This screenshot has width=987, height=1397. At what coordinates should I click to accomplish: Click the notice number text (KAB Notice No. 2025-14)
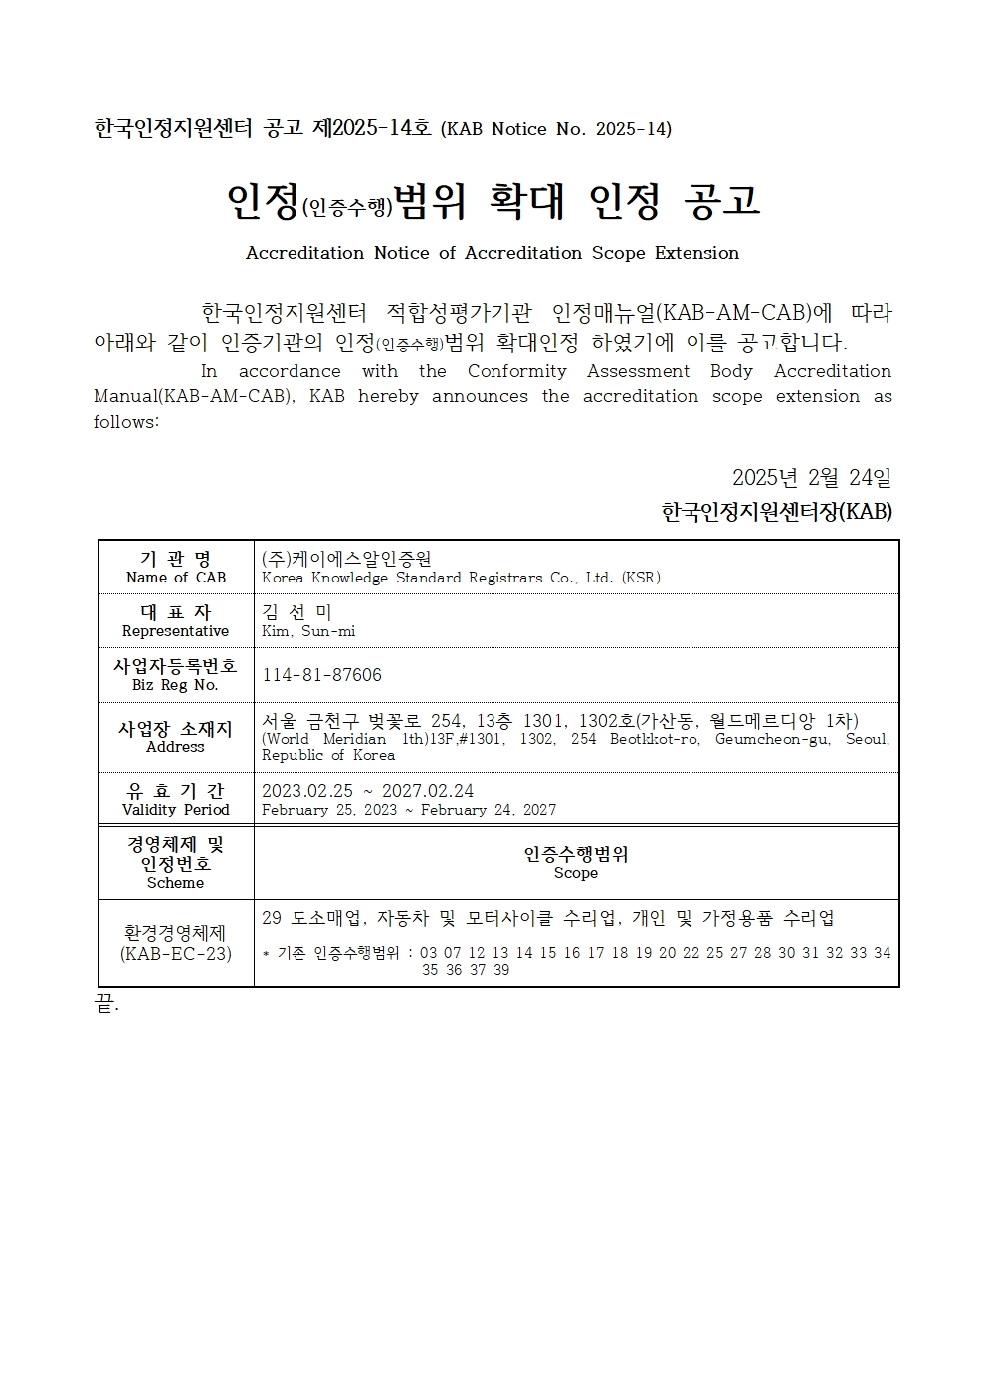(x=555, y=129)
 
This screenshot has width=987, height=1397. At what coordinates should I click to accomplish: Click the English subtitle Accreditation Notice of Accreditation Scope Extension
(x=492, y=253)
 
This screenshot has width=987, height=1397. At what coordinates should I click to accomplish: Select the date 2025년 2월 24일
(x=811, y=478)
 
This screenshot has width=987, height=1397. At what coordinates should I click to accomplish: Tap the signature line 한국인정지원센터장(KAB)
(x=776, y=512)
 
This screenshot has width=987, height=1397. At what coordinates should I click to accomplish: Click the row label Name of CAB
(x=176, y=578)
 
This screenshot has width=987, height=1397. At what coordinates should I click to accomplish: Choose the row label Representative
(x=175, y=631)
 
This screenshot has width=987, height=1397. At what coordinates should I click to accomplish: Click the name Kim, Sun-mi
(x=308, y=631)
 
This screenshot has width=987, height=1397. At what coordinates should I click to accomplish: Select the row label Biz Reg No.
(x=175, y=685)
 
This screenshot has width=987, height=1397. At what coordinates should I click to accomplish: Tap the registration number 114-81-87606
(x=321, y=675)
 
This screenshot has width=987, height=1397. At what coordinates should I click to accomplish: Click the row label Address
(x=175, y=747)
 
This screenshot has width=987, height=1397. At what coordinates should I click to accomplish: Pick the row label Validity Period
(x=175, y=810)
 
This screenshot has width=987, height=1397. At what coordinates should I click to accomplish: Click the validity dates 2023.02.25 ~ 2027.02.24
(x=367, y=791)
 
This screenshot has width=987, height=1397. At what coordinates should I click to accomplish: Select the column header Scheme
(x=175, y=883)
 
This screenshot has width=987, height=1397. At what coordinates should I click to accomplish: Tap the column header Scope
(x=576, y=873)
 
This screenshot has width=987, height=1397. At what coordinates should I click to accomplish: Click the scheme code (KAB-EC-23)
(x=175, y=954)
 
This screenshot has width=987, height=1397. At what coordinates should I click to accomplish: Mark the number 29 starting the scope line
(x=272, y=918)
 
